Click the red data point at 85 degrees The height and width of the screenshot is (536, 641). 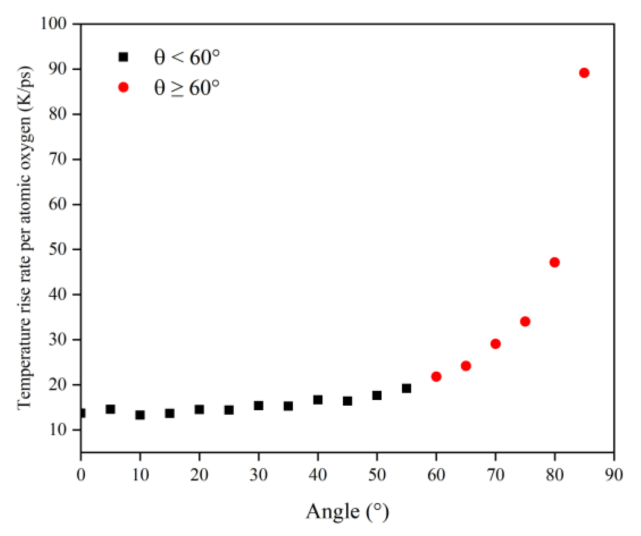pyautogui.click(x=584, y=73)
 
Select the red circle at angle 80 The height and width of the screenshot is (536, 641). pyautogui.click(x=554, y=262)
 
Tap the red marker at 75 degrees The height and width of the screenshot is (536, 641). pyautogui.click(x=525, y=321)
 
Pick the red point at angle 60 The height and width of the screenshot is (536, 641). pyautogui.click(x=436, y=376)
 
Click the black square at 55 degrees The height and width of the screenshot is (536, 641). pyautogui.click(x=407, y=388)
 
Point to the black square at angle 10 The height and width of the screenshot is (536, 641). pyautogui.click(x=140, y=415)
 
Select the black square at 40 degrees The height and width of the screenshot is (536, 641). pyautogui.click(x=318, y=399)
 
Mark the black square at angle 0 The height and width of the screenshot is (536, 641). pyautogui.click(x=81, y=413)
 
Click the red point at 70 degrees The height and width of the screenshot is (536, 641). pyautogui.click(x=495, y=344)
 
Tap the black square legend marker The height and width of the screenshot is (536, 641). pyautogui.click(x=123, y=57)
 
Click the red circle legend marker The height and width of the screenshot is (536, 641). pyautogui.click(x=123, y=87)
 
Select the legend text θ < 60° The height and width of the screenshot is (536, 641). pyautogui.click(x=187, y=57)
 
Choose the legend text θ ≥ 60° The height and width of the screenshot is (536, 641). pyautogui.click(x=187, y=88)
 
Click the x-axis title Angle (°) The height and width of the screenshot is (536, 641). pyautogui.click(x=347, y=512)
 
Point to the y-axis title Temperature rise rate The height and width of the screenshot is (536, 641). pyautogui.click(x=25, y=238)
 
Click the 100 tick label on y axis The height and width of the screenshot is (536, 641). pyautogui.click(x=53, y=23)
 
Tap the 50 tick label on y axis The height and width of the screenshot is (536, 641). pyautogui.click(x=57, y=249)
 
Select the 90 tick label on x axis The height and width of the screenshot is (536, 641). pyautogui.click(x=613, y=474)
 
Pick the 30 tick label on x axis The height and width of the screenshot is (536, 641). pyautogui.click(x=258, y=474)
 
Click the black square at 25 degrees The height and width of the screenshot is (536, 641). pyautogui.click(x=229, y=410)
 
